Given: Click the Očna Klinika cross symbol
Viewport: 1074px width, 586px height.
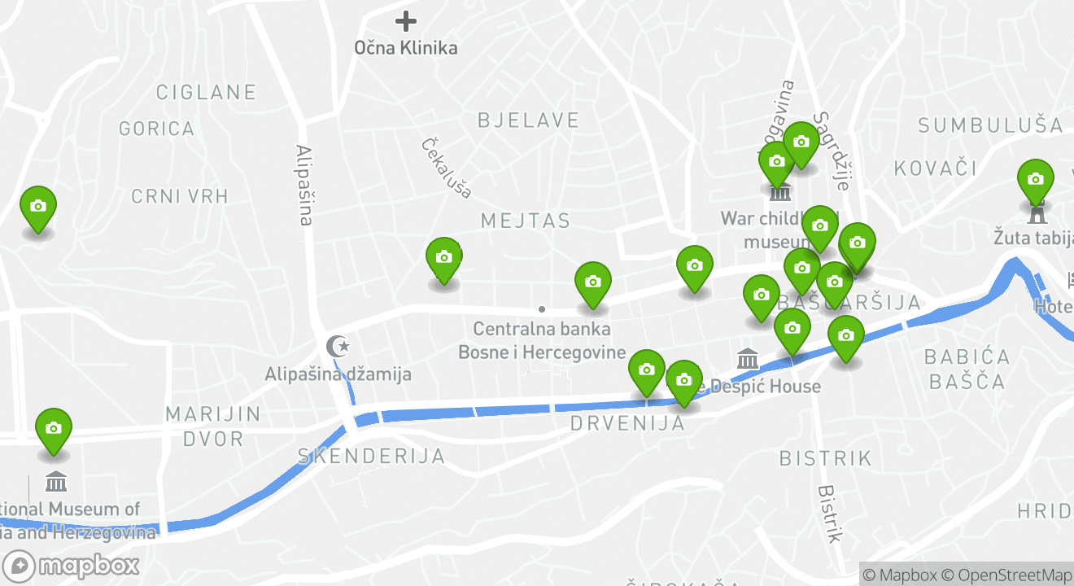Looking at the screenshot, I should coord(405,21).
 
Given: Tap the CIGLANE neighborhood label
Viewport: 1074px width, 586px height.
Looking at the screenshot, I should coord(206,92).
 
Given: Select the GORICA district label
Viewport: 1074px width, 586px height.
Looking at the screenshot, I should coord(156,129).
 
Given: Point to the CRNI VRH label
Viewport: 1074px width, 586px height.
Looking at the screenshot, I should coord(180,196).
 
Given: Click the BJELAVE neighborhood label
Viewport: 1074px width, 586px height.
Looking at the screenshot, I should coord(528,120).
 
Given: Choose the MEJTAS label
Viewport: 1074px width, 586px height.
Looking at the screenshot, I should coord(525,221).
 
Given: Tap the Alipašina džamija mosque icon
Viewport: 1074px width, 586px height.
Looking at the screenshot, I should coord(337,347).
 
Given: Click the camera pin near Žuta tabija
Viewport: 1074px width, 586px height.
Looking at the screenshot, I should coord(1035,181).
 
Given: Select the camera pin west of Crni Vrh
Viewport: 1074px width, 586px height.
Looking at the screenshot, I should coord(37,208).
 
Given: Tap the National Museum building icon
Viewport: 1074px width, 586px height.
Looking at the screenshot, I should coord(56,481).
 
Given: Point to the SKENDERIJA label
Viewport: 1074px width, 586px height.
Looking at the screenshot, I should coord(371,456).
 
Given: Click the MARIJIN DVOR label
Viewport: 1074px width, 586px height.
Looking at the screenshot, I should coord(213,426).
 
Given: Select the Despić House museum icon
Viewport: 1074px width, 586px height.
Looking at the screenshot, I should coord(747,359).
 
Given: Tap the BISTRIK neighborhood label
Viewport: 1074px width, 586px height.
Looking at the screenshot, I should coord(825,458).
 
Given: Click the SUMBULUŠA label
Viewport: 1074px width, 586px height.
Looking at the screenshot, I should coord(990,125).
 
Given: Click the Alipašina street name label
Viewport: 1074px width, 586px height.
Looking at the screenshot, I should coord(304,185).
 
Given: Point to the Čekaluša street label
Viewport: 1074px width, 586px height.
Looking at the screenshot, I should coord(447,168).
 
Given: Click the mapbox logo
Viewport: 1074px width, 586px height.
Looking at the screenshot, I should coord(71,566).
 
